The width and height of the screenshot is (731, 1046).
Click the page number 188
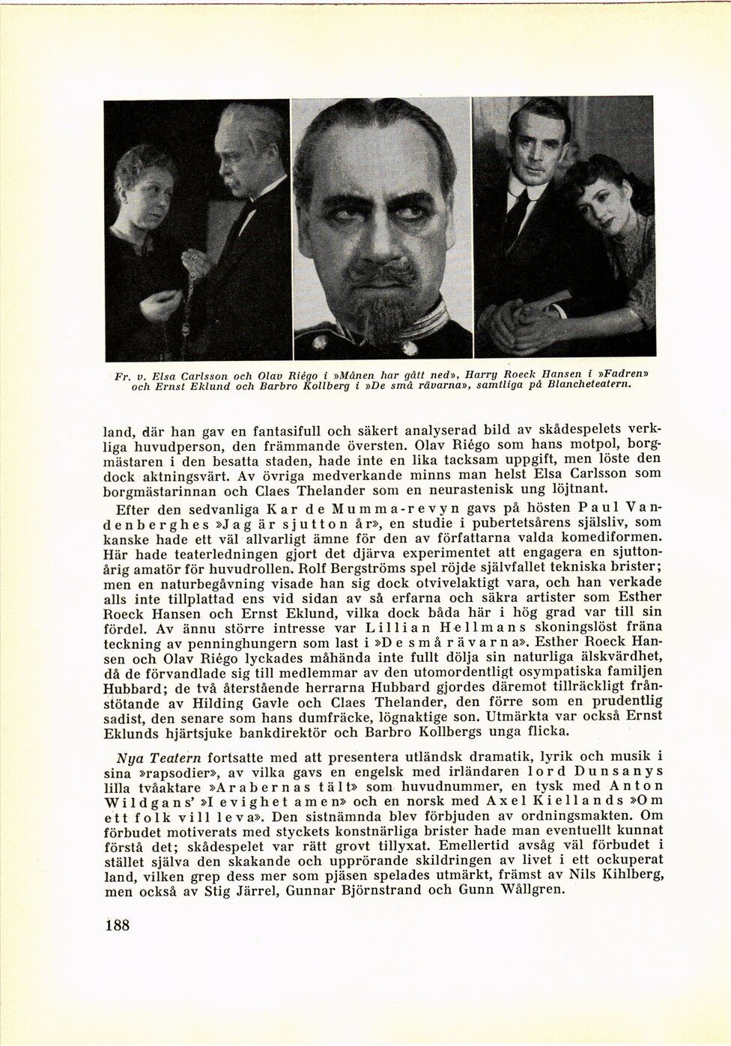[x=118, y=925]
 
